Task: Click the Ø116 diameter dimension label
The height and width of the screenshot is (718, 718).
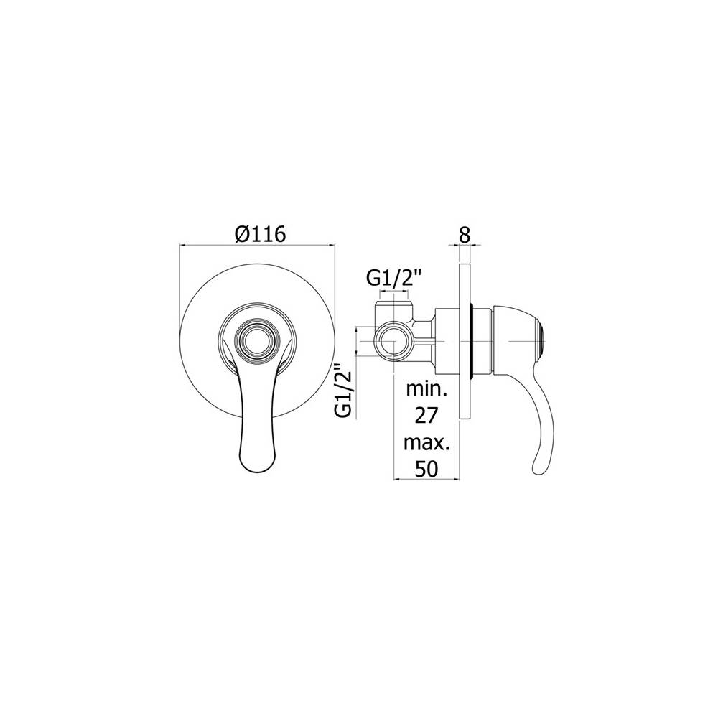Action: tap(260, 233)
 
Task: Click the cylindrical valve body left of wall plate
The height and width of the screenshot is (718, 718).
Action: tap(444, 338)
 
